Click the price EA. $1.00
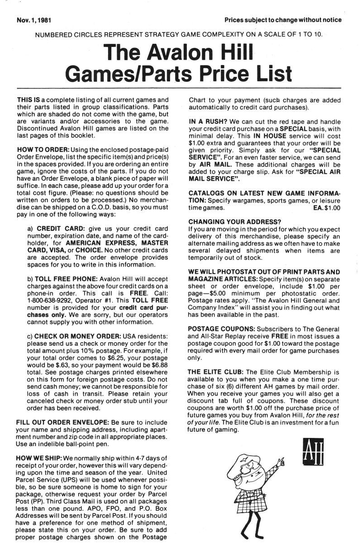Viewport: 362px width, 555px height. pyautogui.click(x=326, y=208)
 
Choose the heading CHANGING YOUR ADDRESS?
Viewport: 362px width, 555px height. pyautogui.click(x=234, y=222)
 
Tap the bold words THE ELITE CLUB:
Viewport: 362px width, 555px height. pyautogui.click(x=216, y=372)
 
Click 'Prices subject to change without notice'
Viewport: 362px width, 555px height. pyautogui.click(x=283, y=20)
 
